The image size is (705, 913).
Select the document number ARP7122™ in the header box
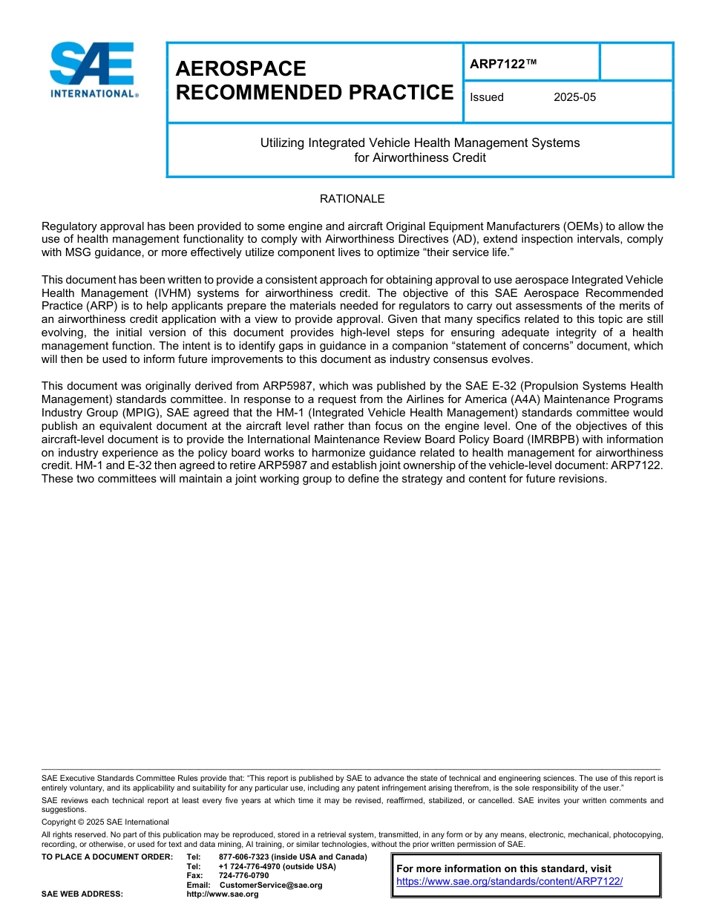(502, 65)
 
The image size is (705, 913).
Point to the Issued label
(487, 97)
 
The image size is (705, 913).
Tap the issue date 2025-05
(574, 97)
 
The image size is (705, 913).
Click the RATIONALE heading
(352, 199)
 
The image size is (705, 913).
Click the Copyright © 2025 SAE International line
(105, 822)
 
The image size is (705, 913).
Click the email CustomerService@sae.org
(271, 885)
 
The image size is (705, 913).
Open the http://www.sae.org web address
(223, 894)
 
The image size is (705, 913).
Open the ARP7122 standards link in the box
(509, 882)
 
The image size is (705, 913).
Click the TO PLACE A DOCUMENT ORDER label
(107, 857)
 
